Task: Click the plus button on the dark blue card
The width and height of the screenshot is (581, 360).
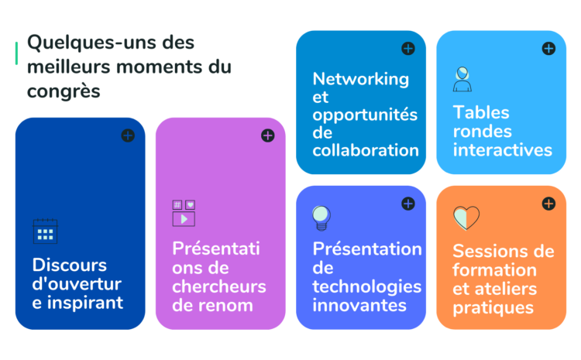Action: [x=128, y=135]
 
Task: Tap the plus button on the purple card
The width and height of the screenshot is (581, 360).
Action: [x=268, y=135]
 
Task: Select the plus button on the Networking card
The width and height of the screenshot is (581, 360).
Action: [x=408, y=49]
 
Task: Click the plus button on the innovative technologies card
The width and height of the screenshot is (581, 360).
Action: [x=408, y=204]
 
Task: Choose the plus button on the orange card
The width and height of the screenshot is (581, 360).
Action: [x=548, y=204]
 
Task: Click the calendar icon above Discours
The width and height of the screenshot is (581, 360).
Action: [x=45, y=231]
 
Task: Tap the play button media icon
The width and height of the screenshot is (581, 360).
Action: [x=184, y=214]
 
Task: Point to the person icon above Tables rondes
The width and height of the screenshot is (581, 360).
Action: [x=462, y=79]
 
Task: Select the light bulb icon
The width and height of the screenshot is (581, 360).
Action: [x=321, y=218]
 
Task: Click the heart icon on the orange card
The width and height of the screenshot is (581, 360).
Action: [x=466, y=218]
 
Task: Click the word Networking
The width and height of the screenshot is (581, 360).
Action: [x=360, y=80]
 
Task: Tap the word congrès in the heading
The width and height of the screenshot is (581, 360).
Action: [x=64, y=91]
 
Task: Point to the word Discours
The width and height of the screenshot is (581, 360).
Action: [x=70, y=266]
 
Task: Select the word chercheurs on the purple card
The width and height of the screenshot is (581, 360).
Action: [x=219, y=286]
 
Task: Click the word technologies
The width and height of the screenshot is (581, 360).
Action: [x=367, y=287]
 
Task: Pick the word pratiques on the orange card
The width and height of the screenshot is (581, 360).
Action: [x=493, y=308]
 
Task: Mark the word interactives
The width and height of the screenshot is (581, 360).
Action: [x=503, y=150]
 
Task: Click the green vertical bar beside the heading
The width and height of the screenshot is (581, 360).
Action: [x=16, y=53]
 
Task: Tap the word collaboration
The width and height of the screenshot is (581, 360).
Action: [x=366, y=150]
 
